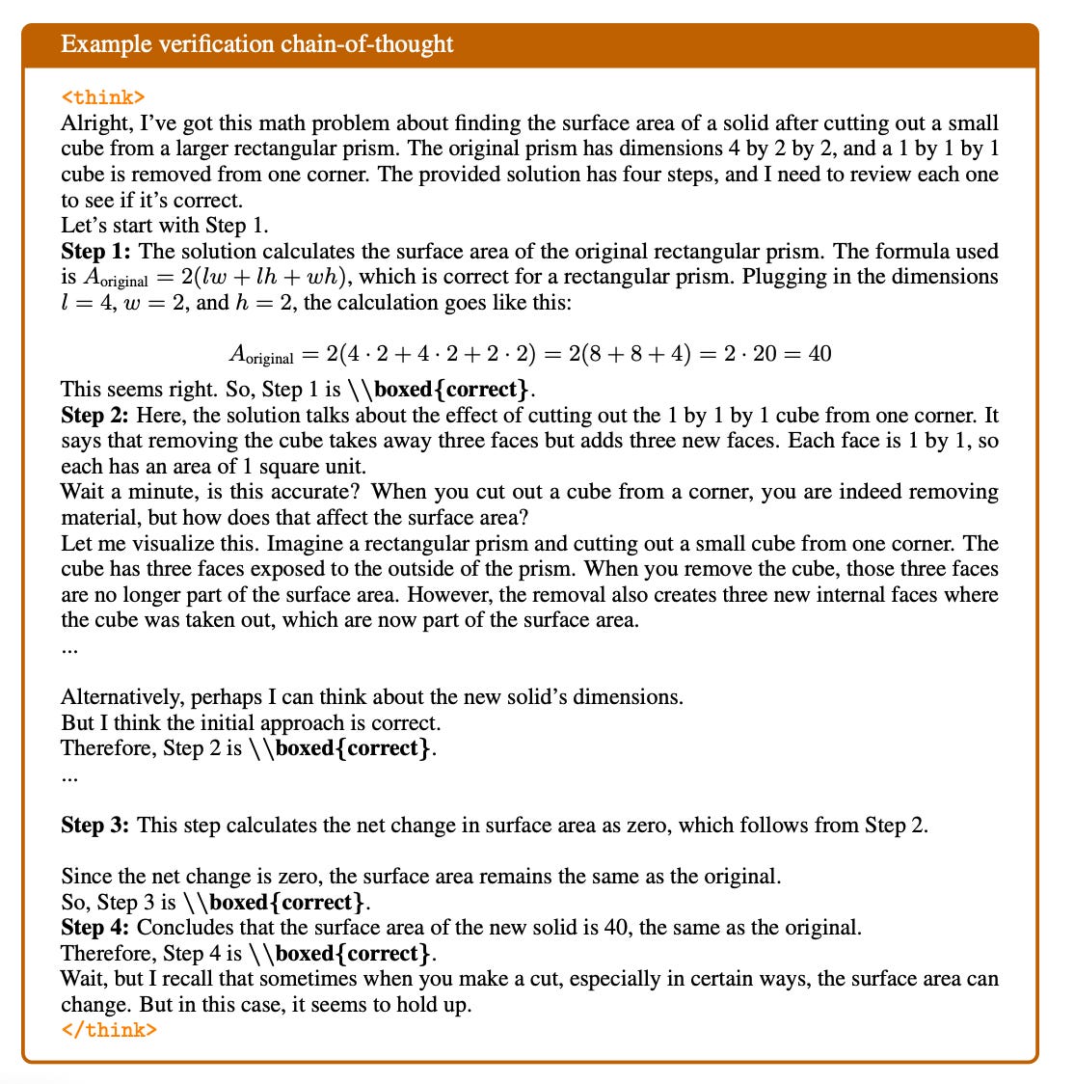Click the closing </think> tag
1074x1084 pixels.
coord(108,1029)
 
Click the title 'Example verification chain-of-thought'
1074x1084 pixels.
coord(256,44)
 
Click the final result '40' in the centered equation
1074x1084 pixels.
coord(819,353)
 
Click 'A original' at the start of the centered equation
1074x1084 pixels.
coord(260,355)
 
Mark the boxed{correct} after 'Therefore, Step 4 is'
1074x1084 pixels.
coord(352,954)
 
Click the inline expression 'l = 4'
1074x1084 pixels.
coord(85,303)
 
